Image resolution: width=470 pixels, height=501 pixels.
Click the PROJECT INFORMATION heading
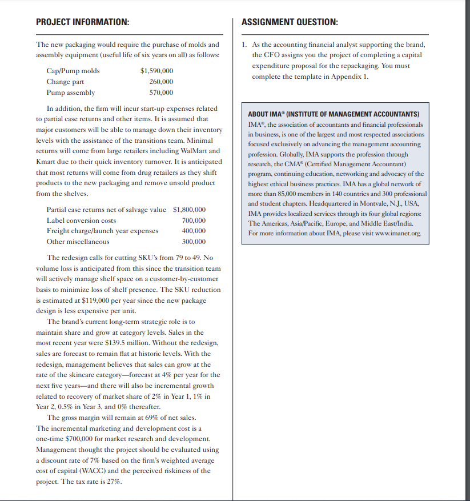[x=82, y=22]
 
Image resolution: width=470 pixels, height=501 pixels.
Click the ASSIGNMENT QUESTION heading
[x=290, y=22]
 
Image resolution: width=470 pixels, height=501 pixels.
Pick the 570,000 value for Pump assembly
[x=161, y=93]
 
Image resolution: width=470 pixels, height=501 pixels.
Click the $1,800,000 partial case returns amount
[x=189, y=210]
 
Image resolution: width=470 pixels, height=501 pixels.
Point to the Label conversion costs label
[x=81, y=221]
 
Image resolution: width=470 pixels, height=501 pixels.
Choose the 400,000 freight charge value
[x=194, y=231]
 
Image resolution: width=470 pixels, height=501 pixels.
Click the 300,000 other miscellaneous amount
[x=194, y=242]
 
